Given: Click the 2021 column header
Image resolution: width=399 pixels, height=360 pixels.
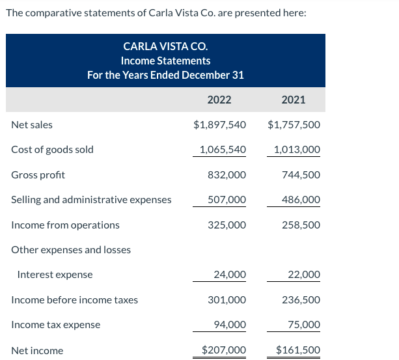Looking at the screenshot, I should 293,100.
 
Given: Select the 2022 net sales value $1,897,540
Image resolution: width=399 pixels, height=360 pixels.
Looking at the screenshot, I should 219,125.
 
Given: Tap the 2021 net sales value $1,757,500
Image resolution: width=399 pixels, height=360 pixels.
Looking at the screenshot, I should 294,125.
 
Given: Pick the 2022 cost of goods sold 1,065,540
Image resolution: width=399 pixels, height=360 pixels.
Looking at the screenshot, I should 222,150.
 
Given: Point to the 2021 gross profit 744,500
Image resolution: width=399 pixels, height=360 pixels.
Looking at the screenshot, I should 301,175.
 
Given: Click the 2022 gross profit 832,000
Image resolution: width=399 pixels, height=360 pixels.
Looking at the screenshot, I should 227,175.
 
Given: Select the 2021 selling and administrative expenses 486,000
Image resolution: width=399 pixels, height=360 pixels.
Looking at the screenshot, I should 301,200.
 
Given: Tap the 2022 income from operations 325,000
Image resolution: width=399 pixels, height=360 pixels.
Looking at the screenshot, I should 227,225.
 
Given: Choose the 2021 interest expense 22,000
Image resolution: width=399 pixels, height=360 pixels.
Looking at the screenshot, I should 304,275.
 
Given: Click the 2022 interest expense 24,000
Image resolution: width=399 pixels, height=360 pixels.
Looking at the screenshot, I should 230,275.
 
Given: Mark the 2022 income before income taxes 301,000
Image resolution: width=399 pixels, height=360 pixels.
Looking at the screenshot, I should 227,300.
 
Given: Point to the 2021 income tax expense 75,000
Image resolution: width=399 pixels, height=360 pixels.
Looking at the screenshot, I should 304,325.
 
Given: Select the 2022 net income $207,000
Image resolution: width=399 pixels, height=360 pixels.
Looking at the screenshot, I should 224,350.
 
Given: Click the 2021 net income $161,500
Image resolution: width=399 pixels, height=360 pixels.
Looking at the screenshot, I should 298,350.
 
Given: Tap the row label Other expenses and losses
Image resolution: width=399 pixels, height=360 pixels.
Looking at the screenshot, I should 71,250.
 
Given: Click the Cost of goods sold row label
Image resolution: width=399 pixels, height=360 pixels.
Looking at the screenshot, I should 52,150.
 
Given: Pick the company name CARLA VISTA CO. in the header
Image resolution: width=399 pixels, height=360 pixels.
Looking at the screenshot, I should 165,46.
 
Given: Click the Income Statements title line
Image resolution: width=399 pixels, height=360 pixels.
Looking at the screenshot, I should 165,61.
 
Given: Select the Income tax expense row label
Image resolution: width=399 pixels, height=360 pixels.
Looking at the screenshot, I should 55,325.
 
